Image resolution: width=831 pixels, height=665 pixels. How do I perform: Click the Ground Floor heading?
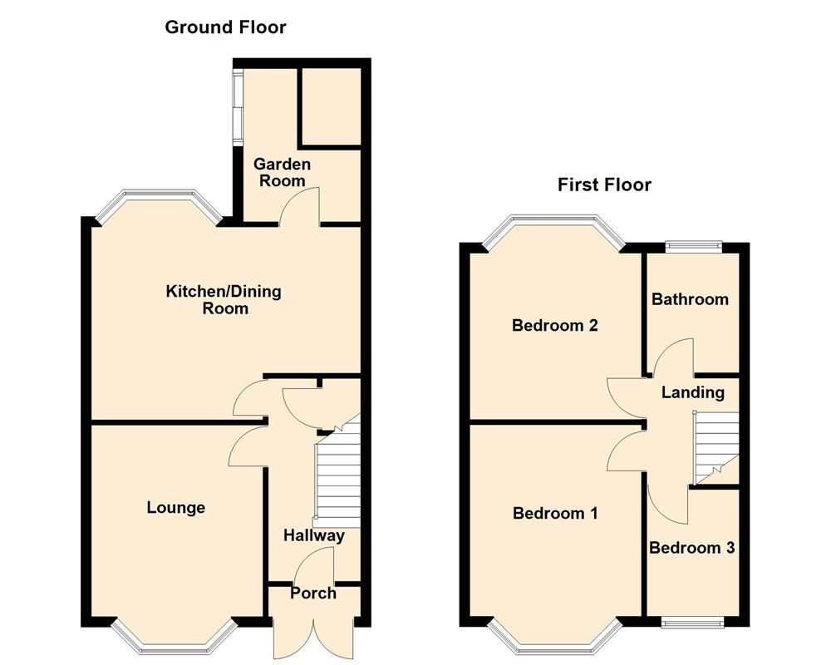[x=225, y=27]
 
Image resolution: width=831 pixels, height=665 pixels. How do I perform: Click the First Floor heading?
[x=604, y=185]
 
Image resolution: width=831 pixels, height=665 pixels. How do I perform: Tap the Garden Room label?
[x=282, y=173]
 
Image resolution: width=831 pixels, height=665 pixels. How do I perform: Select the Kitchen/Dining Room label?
[x=224, y=300]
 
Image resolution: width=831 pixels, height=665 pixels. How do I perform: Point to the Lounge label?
[x=176, y=508]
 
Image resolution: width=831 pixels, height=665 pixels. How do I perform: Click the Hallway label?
[x=313, y=535]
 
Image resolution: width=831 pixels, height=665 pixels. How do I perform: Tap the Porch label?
[x=313, y=594]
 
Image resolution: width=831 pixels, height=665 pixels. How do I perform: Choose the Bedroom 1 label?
[x=555, y=514]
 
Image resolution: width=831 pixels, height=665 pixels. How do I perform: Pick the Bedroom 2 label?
[x=555, y=326]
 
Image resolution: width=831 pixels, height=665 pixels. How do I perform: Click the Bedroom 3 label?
[x=692, y=549]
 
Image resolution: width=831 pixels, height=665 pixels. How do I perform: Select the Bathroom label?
[x=690, y=299]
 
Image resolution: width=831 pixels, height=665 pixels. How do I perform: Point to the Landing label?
[x=693, y=392]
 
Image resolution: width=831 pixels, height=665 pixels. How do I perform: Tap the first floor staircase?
[x=716, y=446]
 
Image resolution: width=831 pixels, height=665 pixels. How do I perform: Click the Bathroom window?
[x=693, y=244]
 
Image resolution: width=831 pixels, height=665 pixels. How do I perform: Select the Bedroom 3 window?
[x=692, y=622]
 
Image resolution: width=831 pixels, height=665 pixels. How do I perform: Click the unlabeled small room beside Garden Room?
[x=330, y=106]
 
